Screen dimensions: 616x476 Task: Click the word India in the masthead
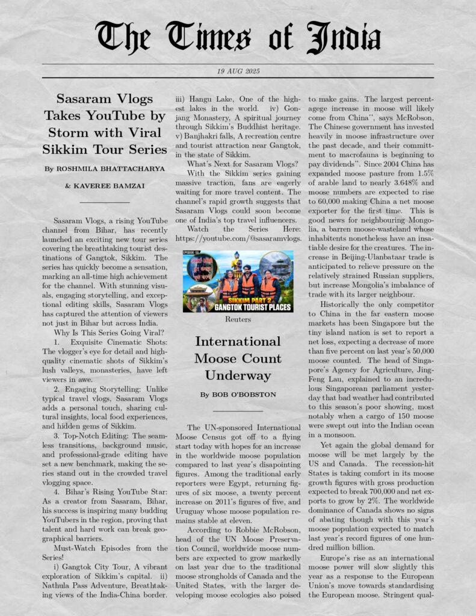point(344,38)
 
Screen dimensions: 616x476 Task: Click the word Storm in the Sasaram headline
point(70,132)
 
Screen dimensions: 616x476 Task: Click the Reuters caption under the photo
point(238,319)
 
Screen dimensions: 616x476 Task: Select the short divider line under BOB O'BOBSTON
point(238,411)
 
